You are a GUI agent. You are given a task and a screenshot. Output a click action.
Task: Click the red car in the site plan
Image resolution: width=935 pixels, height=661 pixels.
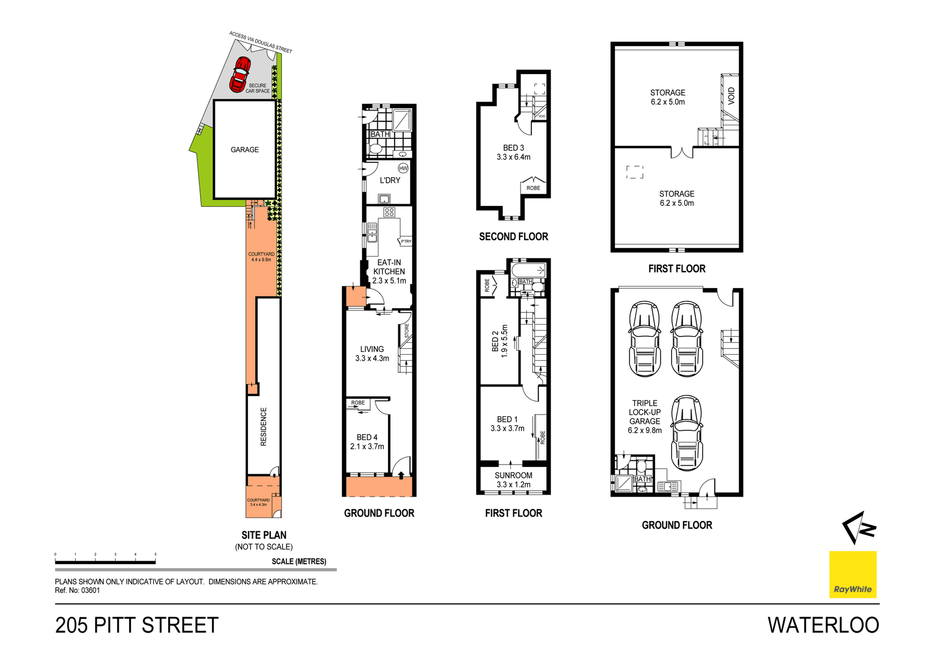click(240, 74)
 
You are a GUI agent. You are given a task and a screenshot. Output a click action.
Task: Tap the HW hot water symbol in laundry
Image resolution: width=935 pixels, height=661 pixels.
click(403, 168)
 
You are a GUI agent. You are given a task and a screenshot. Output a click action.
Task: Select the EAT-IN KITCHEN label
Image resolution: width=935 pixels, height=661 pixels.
click(389, 271)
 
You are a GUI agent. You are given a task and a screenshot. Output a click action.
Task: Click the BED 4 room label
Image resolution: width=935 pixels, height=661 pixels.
click(367, 441)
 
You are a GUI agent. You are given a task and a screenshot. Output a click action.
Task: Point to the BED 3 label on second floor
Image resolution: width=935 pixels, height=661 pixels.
click(513, 152)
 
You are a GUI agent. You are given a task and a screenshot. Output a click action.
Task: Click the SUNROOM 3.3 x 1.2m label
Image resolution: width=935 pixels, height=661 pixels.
click(513, 479)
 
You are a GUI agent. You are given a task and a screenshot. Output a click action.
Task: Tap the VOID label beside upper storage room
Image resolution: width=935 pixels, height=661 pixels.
click(731, 96)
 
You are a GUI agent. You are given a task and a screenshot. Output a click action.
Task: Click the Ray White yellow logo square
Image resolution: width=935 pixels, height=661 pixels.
click(852, 574)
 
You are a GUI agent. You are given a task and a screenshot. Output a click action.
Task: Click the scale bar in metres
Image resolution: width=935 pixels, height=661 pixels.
click(105, 562)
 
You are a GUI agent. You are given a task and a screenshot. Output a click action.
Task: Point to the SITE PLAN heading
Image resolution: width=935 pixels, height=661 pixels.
click(263, 535)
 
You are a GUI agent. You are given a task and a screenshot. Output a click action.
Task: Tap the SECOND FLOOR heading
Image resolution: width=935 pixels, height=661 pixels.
click(513, 237)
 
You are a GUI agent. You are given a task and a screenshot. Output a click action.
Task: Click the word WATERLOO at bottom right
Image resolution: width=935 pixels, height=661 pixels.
click(823, 625)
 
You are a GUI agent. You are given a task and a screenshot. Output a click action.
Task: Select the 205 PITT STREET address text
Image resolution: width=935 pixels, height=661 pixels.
click(137, 625)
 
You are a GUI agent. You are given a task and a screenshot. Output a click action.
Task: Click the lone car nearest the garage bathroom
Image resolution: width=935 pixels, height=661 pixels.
click(687, 432)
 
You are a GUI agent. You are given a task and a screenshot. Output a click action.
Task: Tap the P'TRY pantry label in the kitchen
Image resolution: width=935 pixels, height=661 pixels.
click(406, 241)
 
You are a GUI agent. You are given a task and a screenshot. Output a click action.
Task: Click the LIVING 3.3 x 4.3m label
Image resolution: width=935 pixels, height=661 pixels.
click(372, 353)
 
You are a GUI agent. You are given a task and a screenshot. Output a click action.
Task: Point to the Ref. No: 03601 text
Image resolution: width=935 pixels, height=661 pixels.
click(77, 590)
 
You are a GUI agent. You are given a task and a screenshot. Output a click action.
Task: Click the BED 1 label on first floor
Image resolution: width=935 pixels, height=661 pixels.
click(507, 423)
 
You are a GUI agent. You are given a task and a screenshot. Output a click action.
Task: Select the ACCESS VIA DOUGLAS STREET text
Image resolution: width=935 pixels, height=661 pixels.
click(261, 42)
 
